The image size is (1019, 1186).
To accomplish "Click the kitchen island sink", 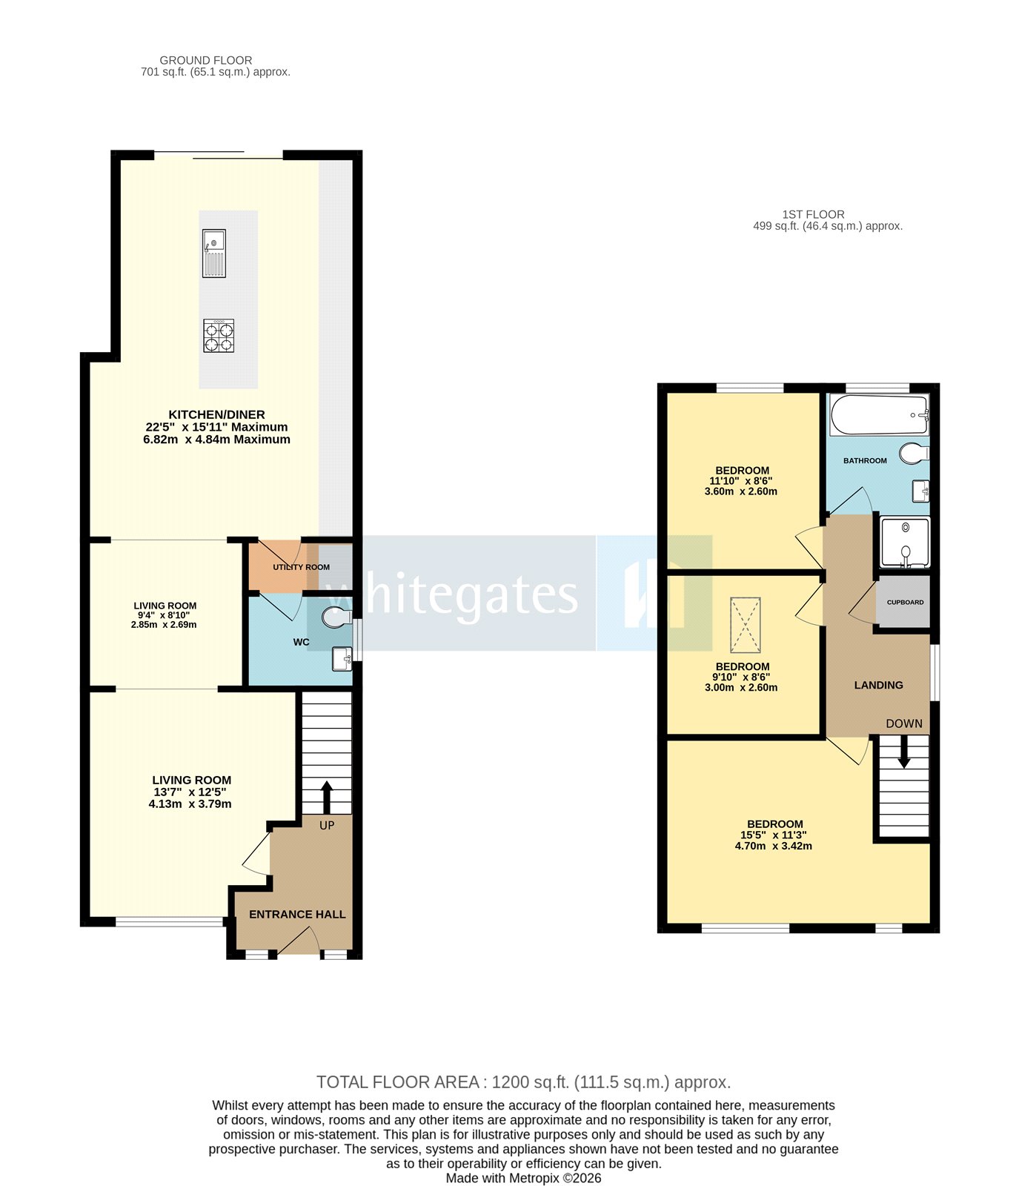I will [213, 253].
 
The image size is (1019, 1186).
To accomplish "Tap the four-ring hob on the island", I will [219, 335].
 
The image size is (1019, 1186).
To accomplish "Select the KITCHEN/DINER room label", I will [216, 415].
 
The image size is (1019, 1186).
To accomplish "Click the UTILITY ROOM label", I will [301, 568].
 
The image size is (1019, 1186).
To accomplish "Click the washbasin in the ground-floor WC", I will [342, 658].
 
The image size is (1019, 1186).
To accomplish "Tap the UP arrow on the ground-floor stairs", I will [326, 797].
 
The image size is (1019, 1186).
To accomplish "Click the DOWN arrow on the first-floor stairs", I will [903, 753].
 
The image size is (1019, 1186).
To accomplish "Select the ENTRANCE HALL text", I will [297, 915].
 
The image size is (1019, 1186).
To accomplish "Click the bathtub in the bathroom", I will [879, 415].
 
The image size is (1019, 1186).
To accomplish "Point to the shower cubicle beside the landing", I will [904, 543].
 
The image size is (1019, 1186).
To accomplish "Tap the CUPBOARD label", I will [905, 603].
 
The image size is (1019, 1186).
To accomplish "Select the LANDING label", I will [878, 686].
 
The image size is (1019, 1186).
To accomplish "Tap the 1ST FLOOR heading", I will [813, 214].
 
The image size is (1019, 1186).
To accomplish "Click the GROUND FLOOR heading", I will [206, 60].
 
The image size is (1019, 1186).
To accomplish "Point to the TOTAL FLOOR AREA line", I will [523, 1082].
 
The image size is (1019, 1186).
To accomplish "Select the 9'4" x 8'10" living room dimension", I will [165, 615].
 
